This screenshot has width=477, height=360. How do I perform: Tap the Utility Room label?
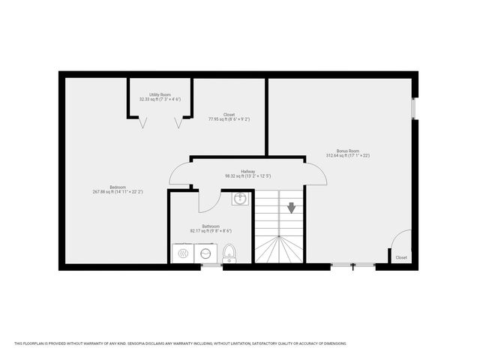coord(160,97)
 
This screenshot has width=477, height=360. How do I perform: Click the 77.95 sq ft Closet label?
coord(229,116)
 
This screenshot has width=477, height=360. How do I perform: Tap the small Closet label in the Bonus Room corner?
coord(401,257)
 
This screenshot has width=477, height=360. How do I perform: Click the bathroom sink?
coord(239,199)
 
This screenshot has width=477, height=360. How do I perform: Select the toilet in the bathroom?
coord(229,253)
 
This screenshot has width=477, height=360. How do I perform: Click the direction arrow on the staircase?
coord(292,208)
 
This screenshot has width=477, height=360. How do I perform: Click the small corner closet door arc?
coord(400,240)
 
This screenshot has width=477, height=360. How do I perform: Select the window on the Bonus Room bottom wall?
coord(353,265)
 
